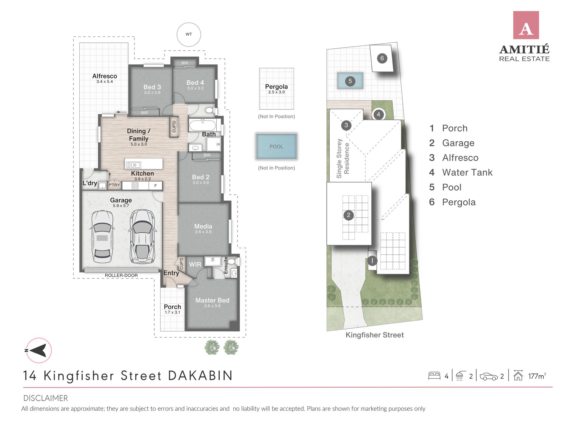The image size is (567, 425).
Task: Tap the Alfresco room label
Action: tap(104, 76)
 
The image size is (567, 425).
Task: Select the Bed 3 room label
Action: tap(152, 87)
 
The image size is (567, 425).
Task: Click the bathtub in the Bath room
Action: tap(203, 125)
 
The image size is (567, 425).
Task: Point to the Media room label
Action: tap(203, 226)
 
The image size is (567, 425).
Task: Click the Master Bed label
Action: tap(212, 300)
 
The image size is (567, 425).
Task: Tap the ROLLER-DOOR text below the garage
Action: tap(121, 275)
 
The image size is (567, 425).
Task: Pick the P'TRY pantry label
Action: tap(114, 185)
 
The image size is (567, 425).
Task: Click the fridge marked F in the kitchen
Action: tap(155, 186)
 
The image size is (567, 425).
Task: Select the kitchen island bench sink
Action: tap(133, 165)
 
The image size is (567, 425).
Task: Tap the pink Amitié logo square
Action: tap(526, 25)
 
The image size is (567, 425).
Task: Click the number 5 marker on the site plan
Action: tap(350, 81)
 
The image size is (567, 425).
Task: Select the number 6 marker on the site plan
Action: tap(382, 58)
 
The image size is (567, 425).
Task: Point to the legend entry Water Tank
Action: tap(467, 172)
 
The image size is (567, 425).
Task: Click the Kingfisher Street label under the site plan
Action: tap(375, 335)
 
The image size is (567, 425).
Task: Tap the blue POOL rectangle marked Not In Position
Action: tap(276, 146)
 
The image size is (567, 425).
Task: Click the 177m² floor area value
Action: tap(537, 376)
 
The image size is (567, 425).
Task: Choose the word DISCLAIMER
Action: tap(46, 398)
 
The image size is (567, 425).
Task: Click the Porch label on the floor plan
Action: tap(172, 307)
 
